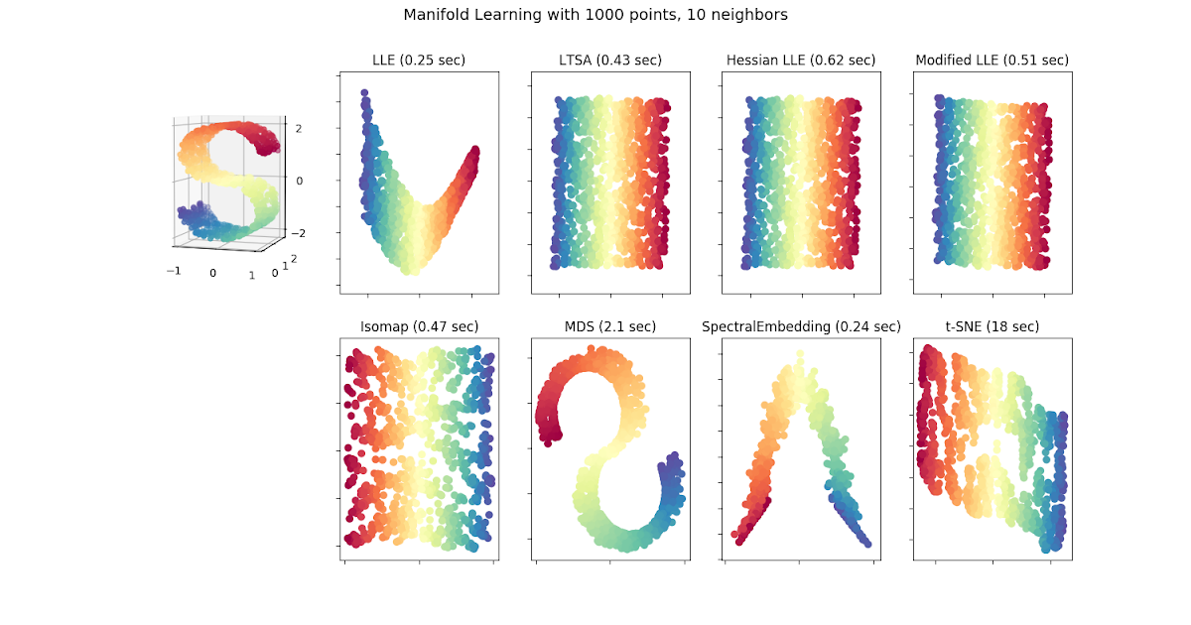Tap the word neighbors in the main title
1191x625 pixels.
(x=751, y=15)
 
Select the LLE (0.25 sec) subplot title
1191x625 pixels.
(x=417, y=61)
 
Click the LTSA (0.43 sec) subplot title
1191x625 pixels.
(x=609, y=61)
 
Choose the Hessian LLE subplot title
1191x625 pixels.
(x=800, y=61)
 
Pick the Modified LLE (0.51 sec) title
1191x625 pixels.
(x=992, y=61)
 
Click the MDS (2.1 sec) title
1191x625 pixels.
(x=609, y=326)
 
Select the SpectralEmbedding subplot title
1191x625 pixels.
(x=800, y=326)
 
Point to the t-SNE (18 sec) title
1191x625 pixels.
(x=992, y=326)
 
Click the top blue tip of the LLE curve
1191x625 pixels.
(x=364, y=94)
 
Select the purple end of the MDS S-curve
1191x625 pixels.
(x=676, y=455)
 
